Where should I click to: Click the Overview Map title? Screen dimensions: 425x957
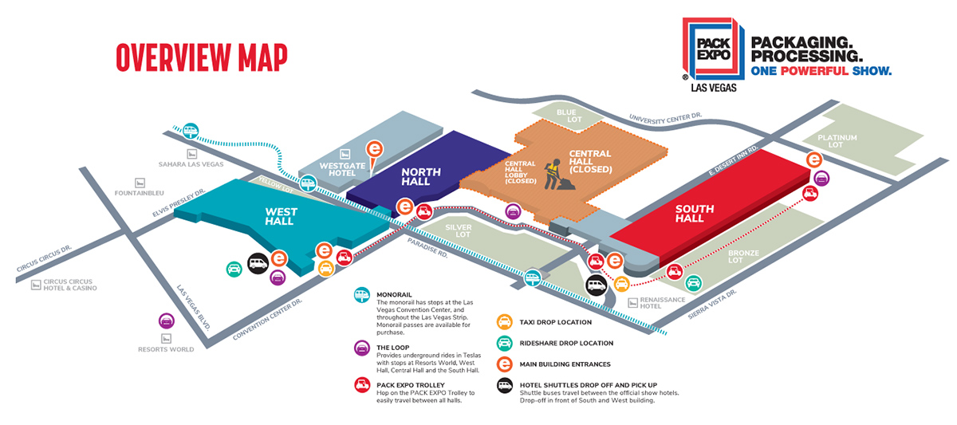(x=201, y=57)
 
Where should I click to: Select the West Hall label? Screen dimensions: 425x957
(x=281, y=216)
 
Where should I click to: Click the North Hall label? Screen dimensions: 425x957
(x=415, y=176)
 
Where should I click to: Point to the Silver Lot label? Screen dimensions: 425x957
(x=459, y=231)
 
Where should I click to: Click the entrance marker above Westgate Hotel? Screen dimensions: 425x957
(x=372, y=148)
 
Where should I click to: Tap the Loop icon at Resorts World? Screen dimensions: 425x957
(x=167, y=321)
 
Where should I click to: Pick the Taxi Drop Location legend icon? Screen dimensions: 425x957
(x=504, y=322)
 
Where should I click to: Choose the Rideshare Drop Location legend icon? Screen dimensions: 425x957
(x=504, y=343)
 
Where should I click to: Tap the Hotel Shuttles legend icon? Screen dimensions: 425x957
(x=504, y=385)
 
